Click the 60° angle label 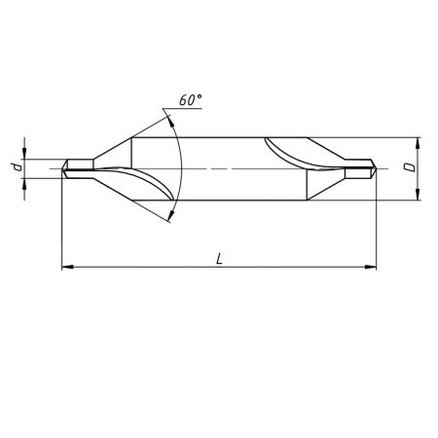point(192,100)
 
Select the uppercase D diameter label point(413,169)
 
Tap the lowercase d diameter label point(17,169)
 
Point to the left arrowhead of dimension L point(67,266)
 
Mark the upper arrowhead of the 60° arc point(169,117)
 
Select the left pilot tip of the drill point(71,169)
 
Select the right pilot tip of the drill point(366,169)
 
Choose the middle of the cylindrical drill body point(219,169)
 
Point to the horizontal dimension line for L point(146,266)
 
